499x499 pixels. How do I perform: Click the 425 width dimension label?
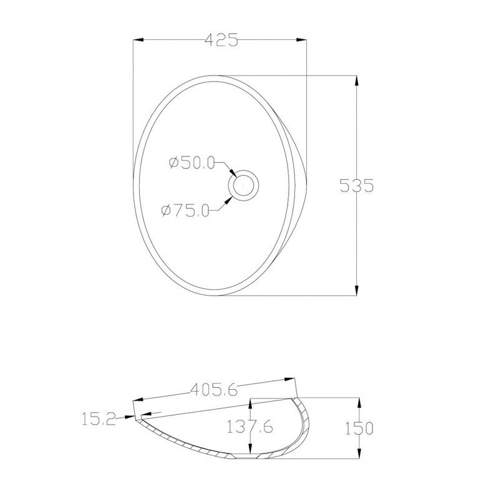[x=221, y=40]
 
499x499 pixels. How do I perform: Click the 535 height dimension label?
[x=356, y=185]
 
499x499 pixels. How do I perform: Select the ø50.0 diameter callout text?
[x=192, y=163]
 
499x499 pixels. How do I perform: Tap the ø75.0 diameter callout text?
[x=185, y=210]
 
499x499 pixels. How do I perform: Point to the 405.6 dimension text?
[x=214, y=389]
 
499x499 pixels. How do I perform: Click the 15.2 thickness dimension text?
[x=99, y=419]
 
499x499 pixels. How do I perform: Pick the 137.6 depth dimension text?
[x=250, y=426]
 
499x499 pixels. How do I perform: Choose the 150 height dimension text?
[x=359, y=428]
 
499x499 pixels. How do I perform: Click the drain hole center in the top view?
[x=243, y=185]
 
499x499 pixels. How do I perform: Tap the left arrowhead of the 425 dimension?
[x=138, y=40]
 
